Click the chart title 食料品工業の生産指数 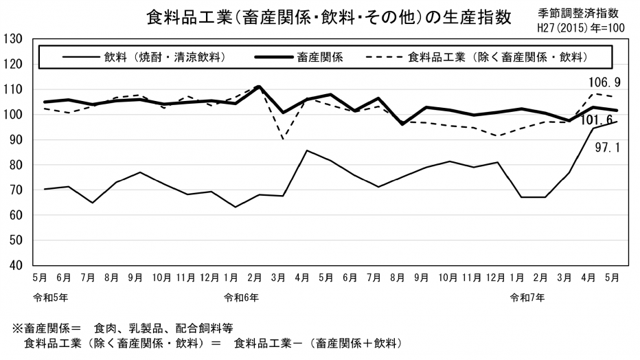pyautogui.click(x=329, y=17)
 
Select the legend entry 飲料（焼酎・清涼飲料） pyautogui.click(x=165, y=56)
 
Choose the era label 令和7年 pyautogui.click(x=527, y=297)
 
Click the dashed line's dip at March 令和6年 pyautogui.click(x=282, y=139)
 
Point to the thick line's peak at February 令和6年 pyautogui.click(x=258, y=87)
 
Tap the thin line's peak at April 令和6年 pyautogui.click(x=306, y=150)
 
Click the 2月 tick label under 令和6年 pyautogui.click(x=255, y=278)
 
